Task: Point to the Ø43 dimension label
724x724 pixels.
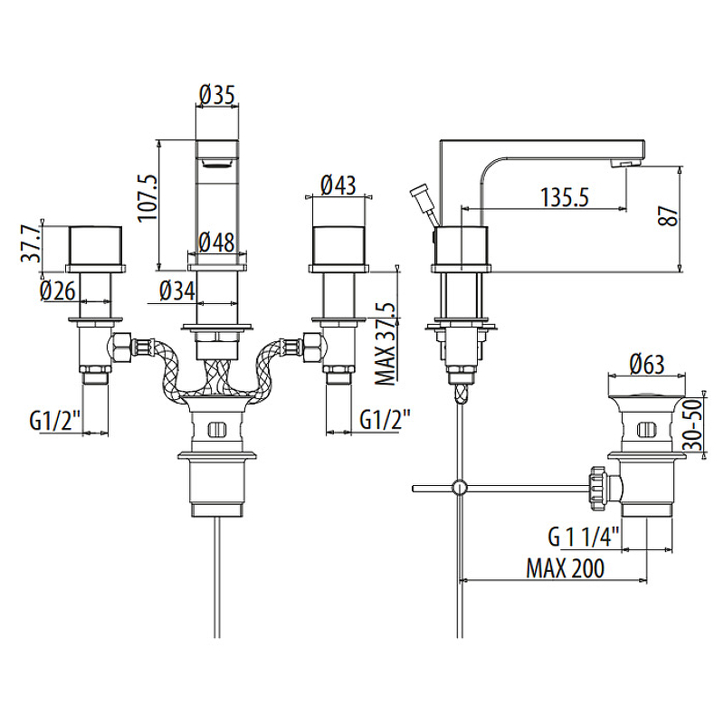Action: coord(337,186)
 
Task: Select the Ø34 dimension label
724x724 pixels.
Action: coord(176,291)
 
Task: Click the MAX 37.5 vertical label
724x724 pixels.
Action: coord(384,343)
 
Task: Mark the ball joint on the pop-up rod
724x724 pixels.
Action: coord(460,488)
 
